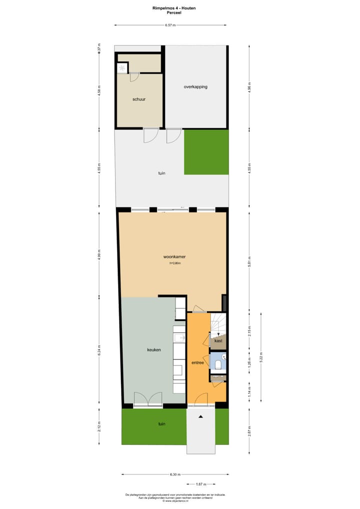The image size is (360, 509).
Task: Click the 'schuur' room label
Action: coord(139,99)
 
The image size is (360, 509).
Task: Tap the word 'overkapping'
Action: coord(195,86)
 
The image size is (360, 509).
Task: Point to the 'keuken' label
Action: coord(154,349)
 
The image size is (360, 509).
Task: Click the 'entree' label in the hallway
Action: coord(197,362)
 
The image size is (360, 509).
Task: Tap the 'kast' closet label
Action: coord(218,340)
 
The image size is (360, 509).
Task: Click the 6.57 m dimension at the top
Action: coord(170,25)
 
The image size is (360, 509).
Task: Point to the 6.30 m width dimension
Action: coord(174,474)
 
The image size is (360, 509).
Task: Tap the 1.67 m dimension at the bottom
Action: coord(201,484)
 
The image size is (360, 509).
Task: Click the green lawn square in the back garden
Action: coord(206,152)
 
